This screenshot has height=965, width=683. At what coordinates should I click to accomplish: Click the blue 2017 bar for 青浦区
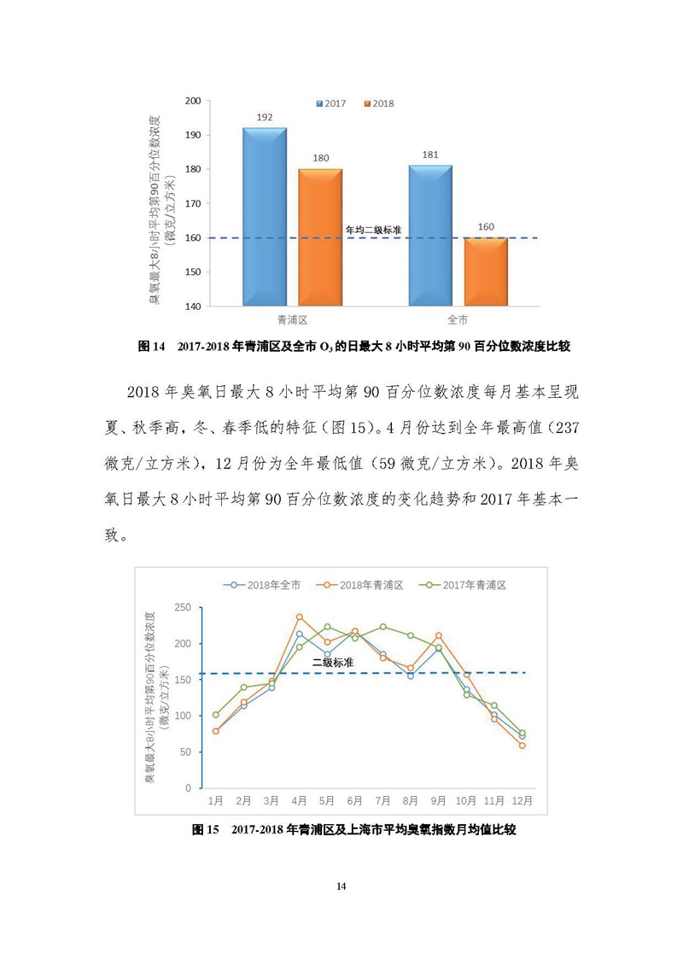click(265, 217)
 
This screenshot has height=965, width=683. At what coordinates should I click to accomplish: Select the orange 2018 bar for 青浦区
click(320, 237)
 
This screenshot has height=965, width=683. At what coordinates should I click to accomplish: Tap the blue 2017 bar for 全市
click(431, 235)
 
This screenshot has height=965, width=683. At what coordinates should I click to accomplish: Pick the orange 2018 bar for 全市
click(486, 272)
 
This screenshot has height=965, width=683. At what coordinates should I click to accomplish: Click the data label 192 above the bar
click(265, 117)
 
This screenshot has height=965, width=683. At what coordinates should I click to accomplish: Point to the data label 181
click(431, 155)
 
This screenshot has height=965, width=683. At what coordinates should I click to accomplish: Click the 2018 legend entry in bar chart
click(379, 103)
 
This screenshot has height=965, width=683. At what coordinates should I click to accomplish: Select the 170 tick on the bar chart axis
click(193, 203)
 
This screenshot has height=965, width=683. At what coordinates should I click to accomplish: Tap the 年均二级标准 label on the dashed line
click(373, 231)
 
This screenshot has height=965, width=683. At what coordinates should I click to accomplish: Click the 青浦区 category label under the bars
click(292, 319)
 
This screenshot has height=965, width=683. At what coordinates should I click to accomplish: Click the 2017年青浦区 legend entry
click(463, 585)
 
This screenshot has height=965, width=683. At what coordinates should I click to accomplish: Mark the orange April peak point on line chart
click(300, 617)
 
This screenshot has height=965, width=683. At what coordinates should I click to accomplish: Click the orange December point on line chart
click(522, 746)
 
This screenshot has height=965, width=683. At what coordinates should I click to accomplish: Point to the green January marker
click(215, 715)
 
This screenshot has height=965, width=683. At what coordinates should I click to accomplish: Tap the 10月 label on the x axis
click(466, 801)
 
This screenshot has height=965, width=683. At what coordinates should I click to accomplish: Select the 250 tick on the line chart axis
click(184, 607)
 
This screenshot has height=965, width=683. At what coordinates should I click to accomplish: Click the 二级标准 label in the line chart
click(333, 663)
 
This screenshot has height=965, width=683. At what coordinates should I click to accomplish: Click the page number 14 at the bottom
click(341, 886)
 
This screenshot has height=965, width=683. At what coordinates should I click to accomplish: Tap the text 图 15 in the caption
click(206, 829)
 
